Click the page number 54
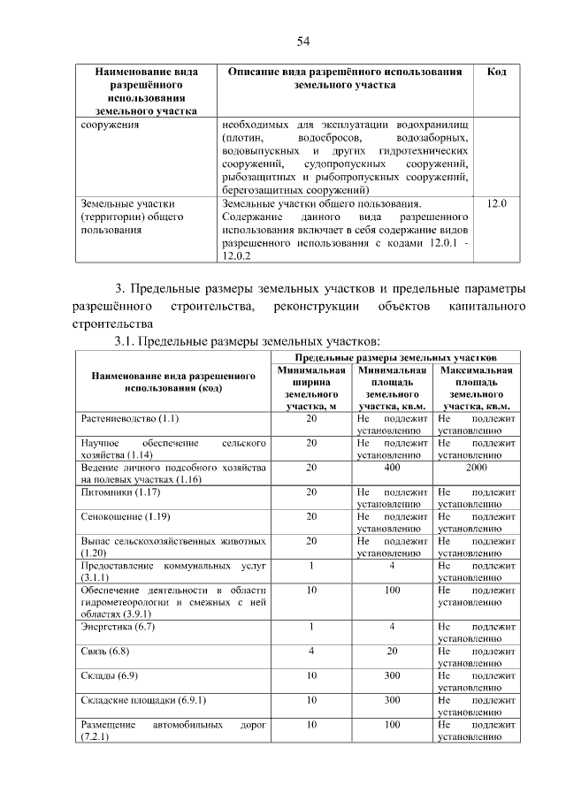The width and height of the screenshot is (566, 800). coord(302,42)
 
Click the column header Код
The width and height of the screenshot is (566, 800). coord(496,71)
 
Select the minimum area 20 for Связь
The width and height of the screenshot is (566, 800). coord(392,651)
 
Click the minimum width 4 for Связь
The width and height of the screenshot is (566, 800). coord(311,651)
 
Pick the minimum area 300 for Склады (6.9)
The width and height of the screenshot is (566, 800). coord(392,675)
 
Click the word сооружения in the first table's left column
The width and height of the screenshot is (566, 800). coord(109,125)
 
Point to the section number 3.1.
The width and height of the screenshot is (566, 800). coord(122,341)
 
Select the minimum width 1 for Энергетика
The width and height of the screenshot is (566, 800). coord(311,627)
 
